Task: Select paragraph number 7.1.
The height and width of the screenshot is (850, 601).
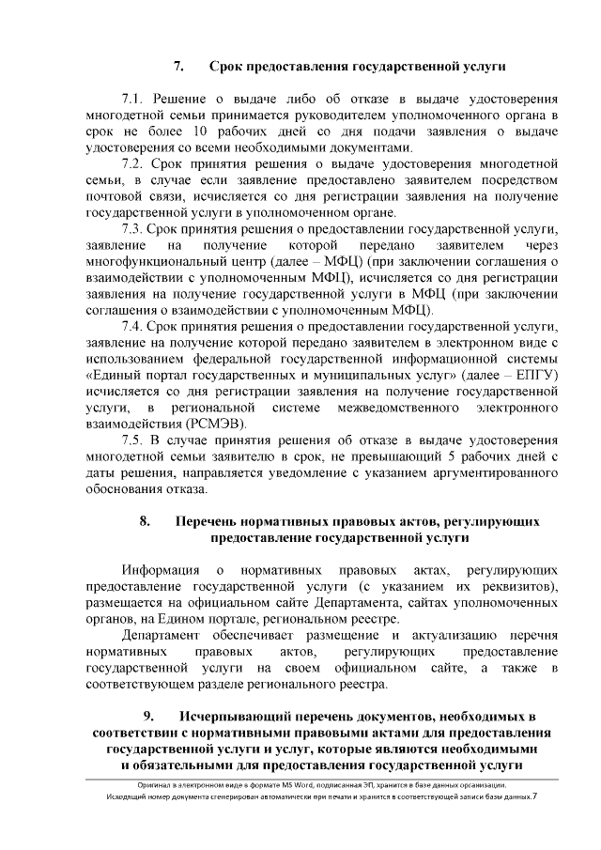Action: [135, 99]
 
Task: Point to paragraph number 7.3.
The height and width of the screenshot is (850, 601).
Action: [135, 229]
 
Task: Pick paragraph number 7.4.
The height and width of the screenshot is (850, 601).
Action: [135, 327]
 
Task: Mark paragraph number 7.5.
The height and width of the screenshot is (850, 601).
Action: [135, 440]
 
